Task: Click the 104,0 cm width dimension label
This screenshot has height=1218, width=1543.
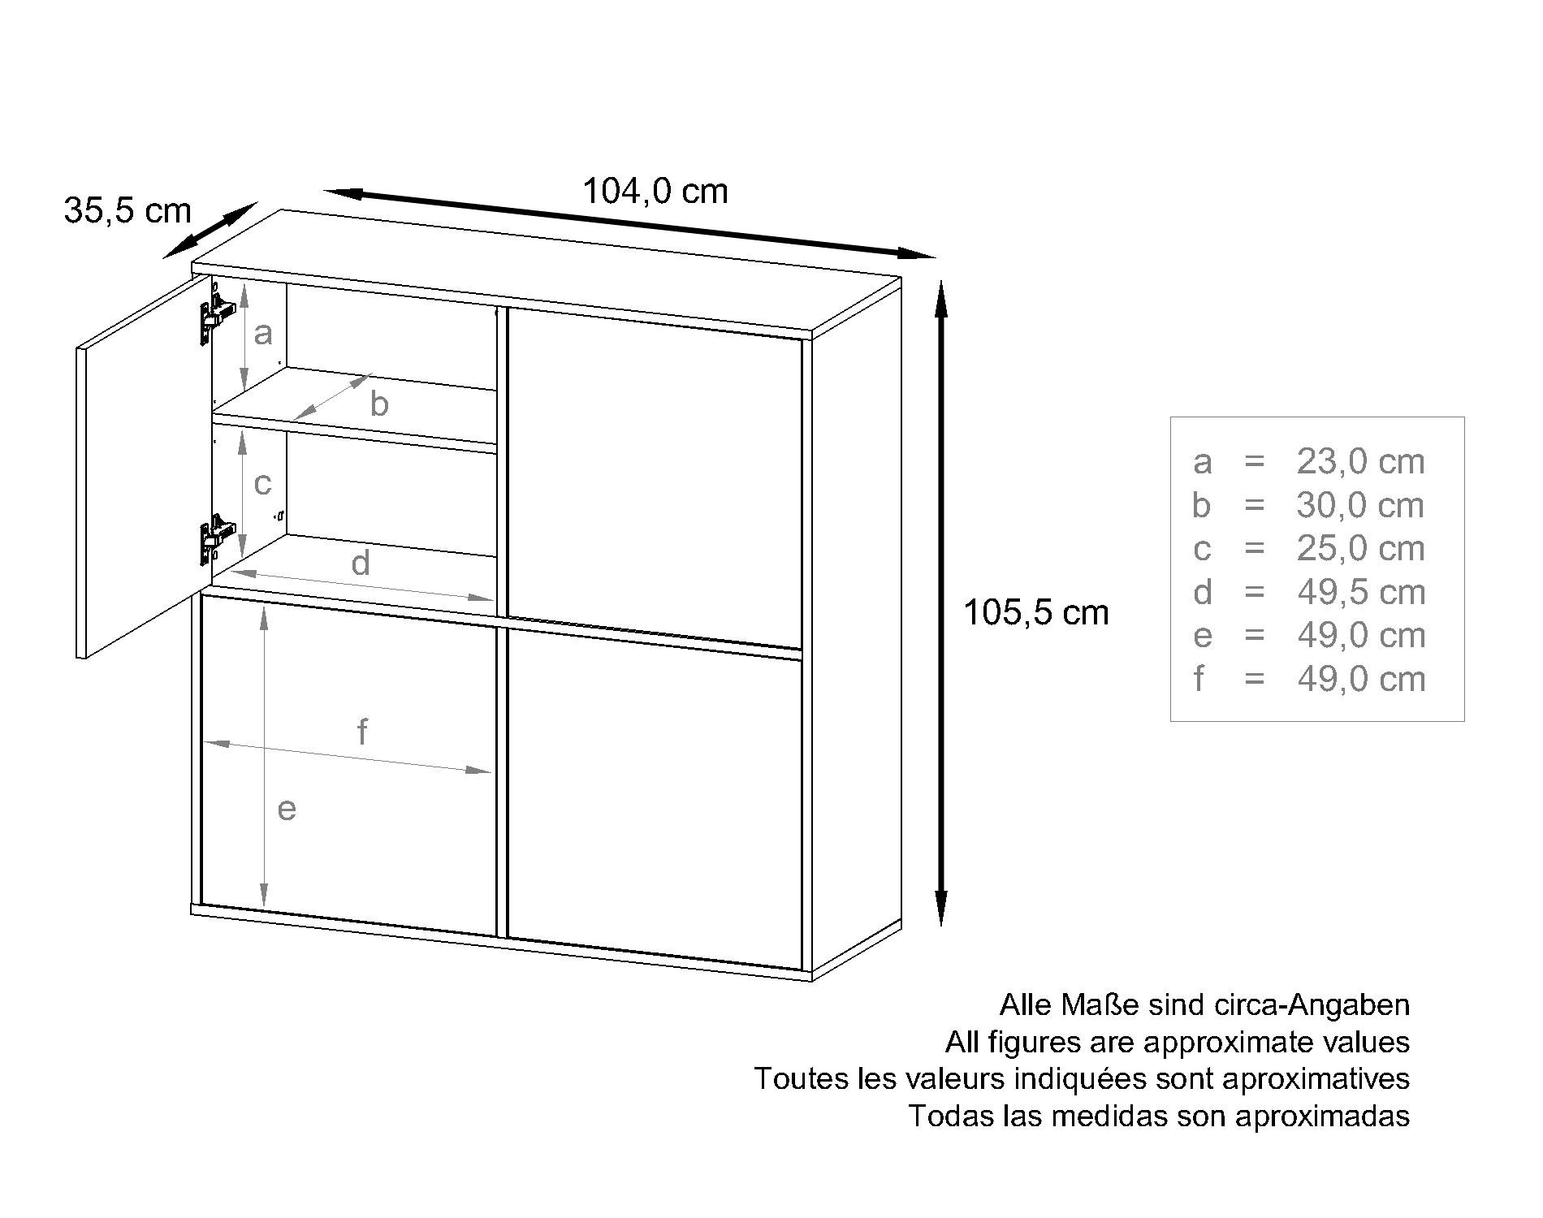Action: pos(655,192)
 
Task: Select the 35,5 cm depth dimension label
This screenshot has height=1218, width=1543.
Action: pos(128,211)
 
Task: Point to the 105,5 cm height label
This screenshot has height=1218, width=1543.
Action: pos(1035,613)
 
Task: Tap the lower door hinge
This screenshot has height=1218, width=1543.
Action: pos(216,537)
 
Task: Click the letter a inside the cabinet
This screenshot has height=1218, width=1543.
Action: pos(262,334)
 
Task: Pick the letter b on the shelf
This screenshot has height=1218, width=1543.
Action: pos(379,404)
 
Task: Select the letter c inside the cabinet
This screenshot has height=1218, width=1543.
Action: pos(262,484)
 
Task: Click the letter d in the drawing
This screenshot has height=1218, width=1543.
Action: pos(361,562)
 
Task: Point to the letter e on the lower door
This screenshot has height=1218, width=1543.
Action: pos(287,810)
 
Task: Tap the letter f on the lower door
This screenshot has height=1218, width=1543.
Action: pos(362,732)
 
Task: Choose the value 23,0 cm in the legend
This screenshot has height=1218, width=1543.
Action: pos(1360,462)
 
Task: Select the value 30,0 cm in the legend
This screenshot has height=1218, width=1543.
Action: pos(1360,506)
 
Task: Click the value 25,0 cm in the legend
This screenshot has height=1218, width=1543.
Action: pos(1360,549)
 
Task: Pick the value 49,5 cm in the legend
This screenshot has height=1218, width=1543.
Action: pos(1361,593)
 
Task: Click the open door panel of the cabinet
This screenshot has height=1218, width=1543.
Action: pos(143,466)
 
